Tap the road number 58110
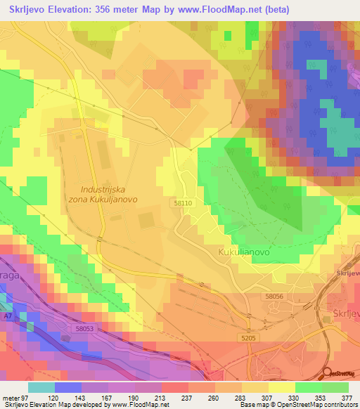tap(182, 202)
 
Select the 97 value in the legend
tap(28, 397)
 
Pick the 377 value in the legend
tap(347, 397)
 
